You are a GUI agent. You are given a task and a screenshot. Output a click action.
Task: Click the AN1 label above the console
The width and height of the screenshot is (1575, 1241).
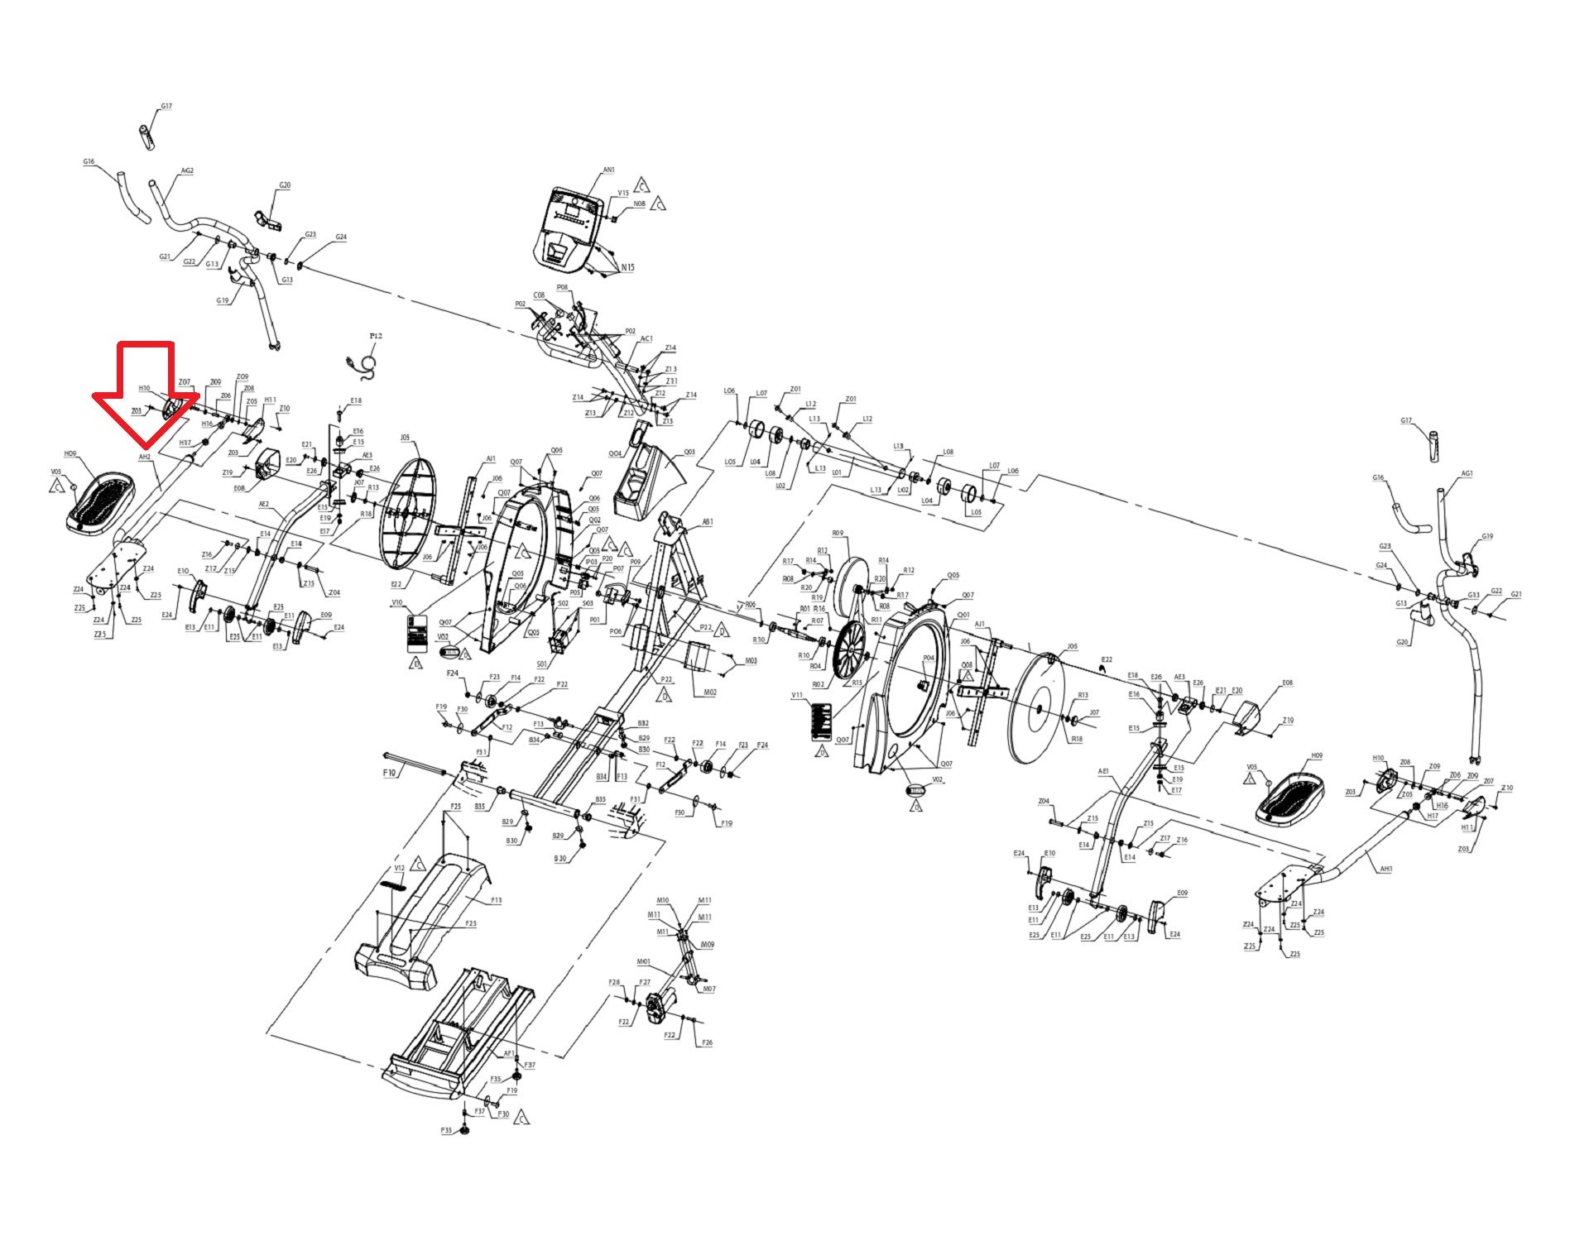[x=608, y=170]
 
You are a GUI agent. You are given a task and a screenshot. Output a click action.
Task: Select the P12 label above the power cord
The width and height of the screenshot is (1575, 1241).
[x=376, y=336]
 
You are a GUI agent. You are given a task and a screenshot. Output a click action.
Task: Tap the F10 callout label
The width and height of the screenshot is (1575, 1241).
[x=390, y=772]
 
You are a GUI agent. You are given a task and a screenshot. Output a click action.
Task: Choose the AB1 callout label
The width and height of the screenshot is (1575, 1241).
[x=707, y=522]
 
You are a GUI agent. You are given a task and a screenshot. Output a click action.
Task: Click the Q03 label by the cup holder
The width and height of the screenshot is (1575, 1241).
[x=689, y=453]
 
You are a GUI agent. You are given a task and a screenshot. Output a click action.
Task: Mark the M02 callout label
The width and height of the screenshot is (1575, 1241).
[x=709, y=692]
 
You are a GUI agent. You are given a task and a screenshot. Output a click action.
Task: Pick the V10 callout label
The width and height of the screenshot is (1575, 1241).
[x=397, y=603]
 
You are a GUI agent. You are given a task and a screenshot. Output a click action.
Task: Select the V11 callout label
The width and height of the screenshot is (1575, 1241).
[x=797, y=696]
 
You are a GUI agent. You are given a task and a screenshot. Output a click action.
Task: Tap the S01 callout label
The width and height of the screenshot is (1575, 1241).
[x=542, y=664]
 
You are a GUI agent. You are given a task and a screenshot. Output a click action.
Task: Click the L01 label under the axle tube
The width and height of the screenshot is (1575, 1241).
[x=837, y=473]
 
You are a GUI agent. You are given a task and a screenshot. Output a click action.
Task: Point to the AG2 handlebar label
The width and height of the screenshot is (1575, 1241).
[x=187, y=171]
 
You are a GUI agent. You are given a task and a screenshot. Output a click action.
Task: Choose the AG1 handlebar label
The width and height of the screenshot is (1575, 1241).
[x=1467, y=474]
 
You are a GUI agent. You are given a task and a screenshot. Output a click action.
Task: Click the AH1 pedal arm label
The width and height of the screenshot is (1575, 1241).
[x=1385, y=869]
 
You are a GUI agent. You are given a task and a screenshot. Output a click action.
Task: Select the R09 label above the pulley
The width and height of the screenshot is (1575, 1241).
[x=838, y=534]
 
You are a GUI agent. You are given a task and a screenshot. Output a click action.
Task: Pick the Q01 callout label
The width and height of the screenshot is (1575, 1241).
[x=963, y=615]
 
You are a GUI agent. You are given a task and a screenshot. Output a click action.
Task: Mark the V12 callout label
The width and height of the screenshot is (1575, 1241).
[x=399, y=868]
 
